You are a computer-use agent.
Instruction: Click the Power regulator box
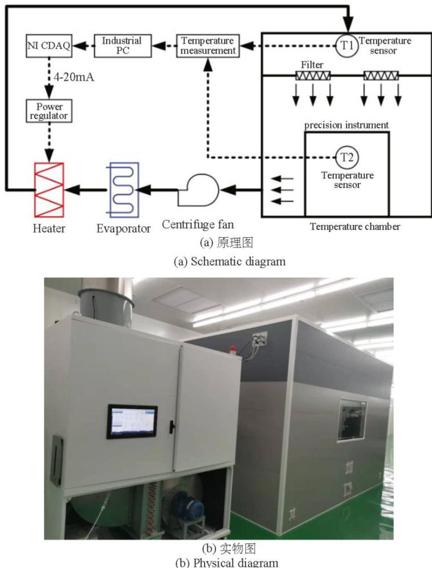pos(48,111)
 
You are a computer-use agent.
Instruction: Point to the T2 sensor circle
pos(347,157)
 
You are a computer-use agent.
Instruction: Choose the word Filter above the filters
pos(313,65)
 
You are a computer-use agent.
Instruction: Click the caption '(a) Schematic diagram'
pos(216,261)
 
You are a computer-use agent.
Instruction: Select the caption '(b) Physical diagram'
pos(215,562)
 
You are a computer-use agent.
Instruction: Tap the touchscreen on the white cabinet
pos(132,421)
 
